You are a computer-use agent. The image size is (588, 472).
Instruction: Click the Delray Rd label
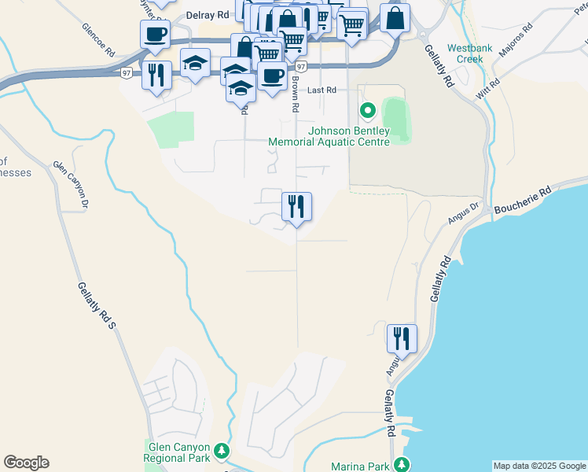pos(208,15)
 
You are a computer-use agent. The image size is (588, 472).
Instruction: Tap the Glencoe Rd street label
pos(99,38)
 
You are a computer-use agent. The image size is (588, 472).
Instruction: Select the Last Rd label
pos(322,90)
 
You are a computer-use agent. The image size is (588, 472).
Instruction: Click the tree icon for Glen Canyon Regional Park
pos(222,451)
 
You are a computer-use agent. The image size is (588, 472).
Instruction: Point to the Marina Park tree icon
pos(402,464)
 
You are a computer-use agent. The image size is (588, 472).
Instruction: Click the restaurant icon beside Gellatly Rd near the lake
pos(402,338)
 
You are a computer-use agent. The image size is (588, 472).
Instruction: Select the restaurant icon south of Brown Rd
pos(296,206)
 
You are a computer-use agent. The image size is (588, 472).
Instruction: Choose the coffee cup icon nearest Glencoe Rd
pos(155,34)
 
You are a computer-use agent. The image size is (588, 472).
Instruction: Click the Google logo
pos(26,463)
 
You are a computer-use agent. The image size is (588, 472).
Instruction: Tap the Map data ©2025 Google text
pos(539,466)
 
